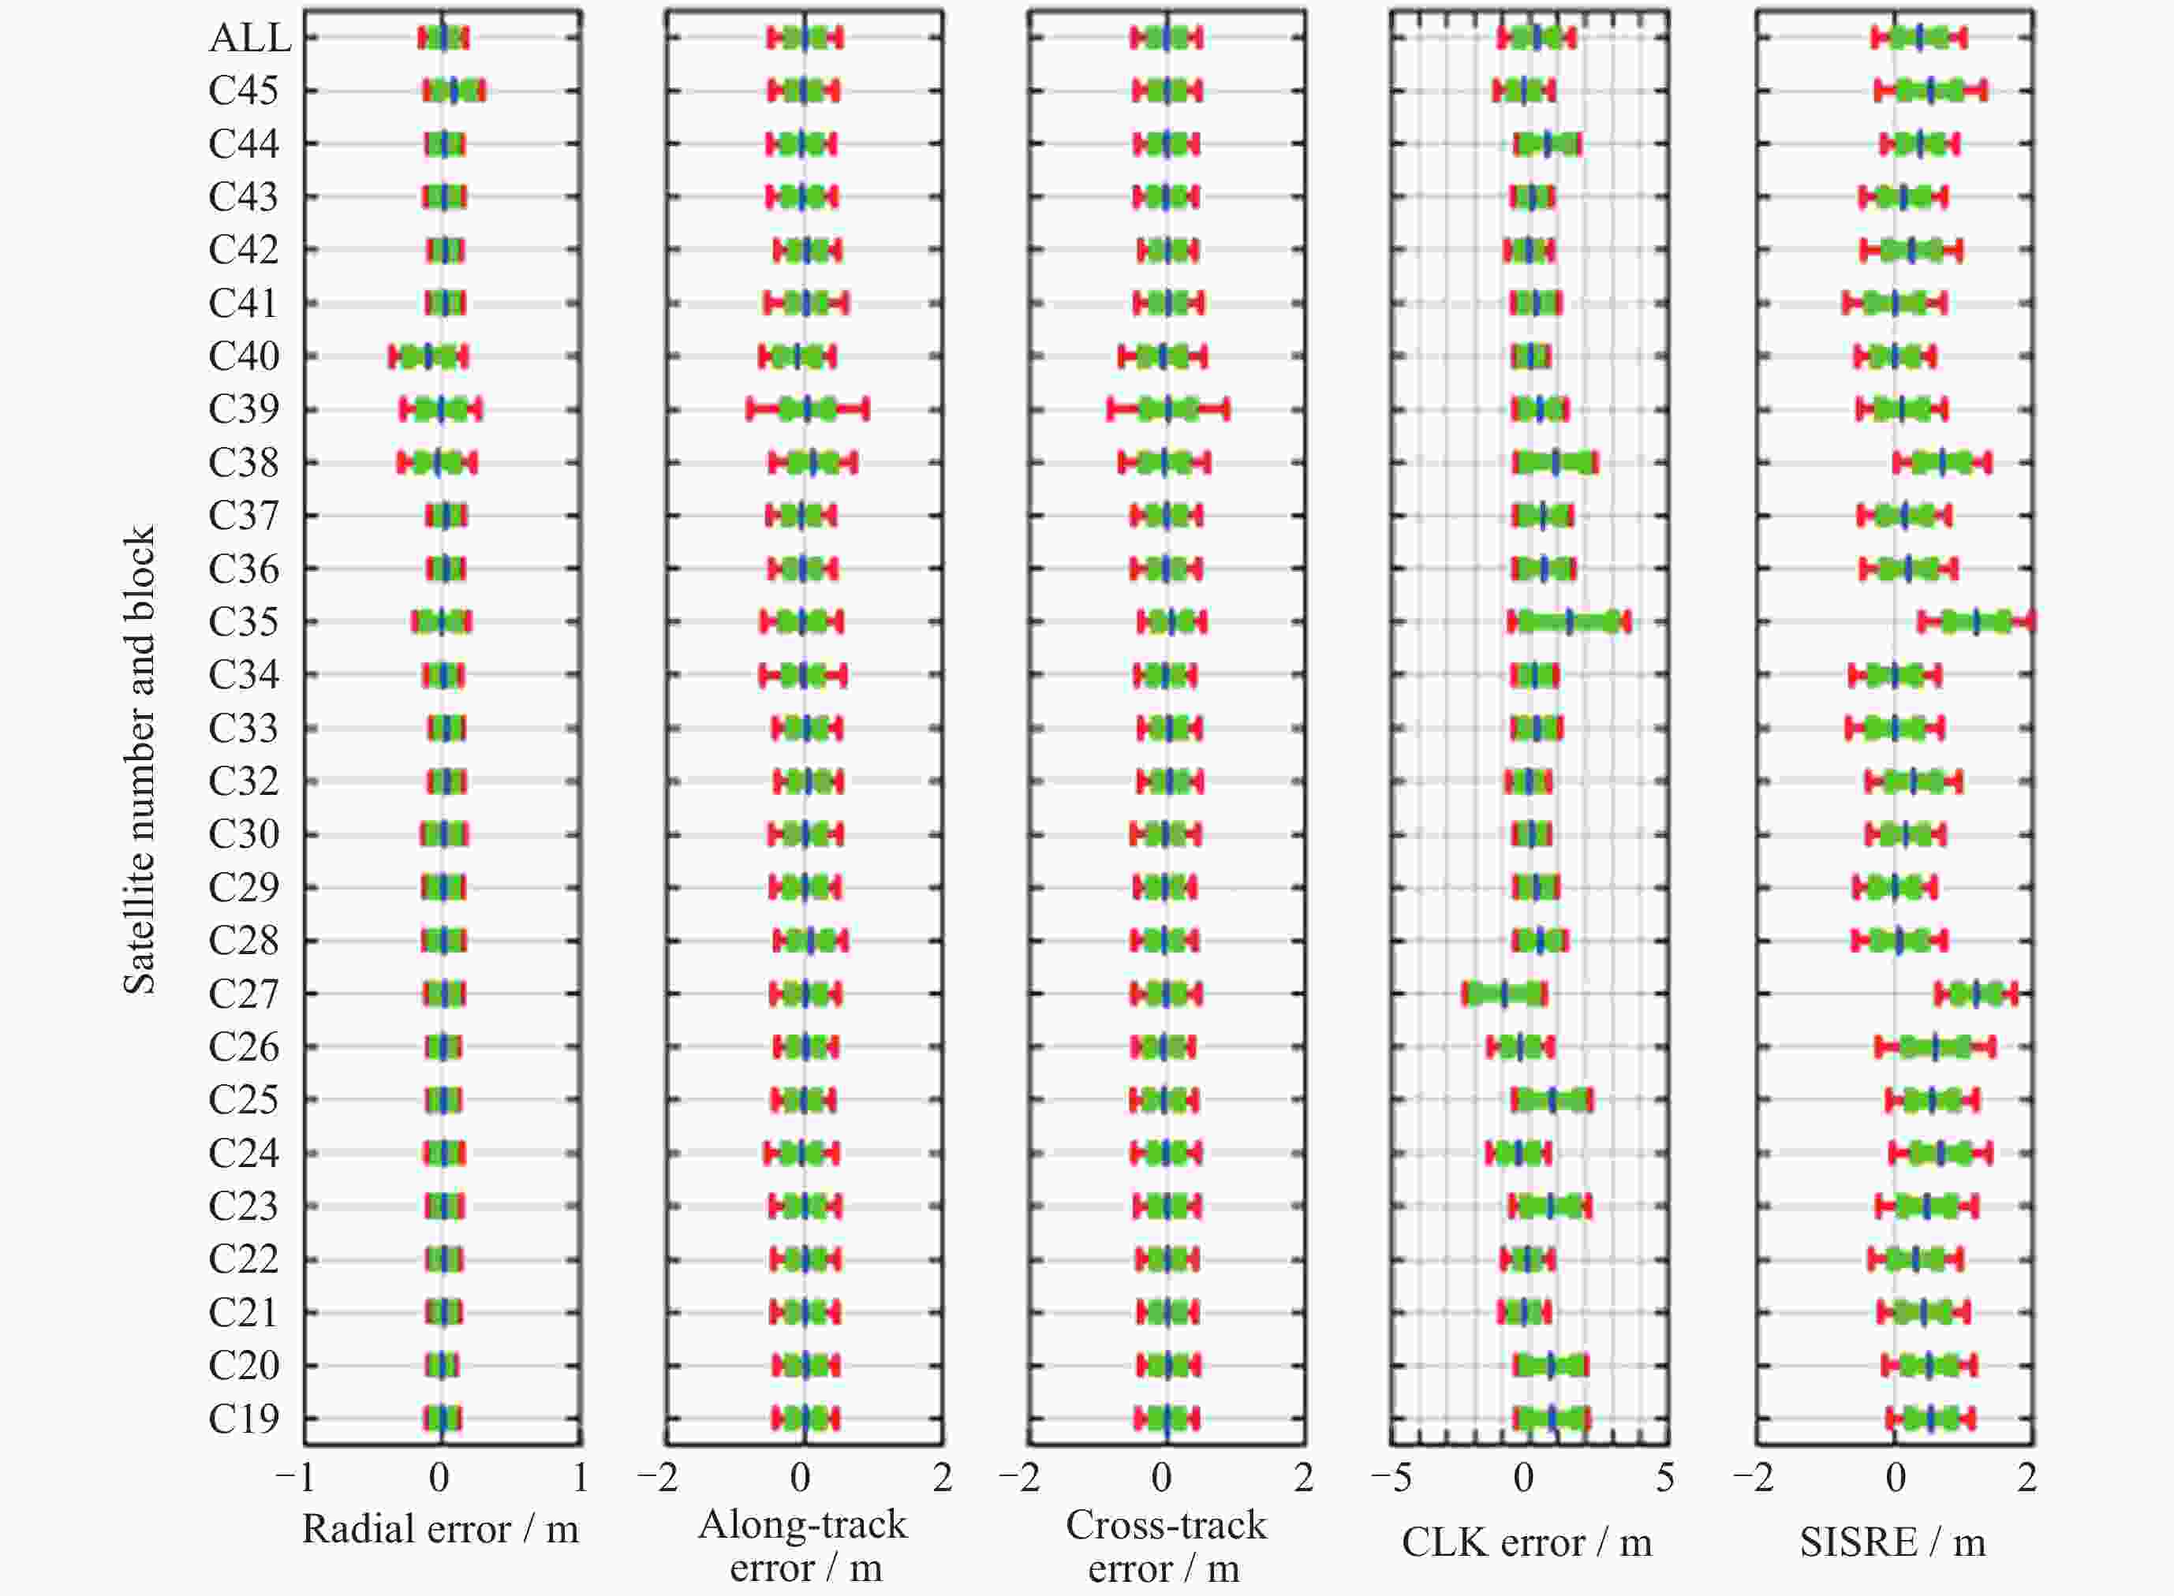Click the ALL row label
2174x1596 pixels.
tap(249, 38)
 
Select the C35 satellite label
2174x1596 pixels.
tap(244, 622)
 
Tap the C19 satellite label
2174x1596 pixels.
tap(244, 1419)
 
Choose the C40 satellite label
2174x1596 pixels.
tap(244, 356)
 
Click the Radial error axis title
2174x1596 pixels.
tap(441, 1529)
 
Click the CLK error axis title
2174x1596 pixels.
tap(1526, 1543)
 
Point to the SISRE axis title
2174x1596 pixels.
tap(1892, 1543)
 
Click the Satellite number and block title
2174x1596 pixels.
tap(138, 759)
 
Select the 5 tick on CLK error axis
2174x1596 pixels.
tap(1664, 1479)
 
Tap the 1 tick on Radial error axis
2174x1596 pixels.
tap(580, 1479)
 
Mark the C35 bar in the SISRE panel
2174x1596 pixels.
tap(1976, 622)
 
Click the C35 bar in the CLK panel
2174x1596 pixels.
tap(1568, 622)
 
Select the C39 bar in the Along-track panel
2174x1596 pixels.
tap(808, 409)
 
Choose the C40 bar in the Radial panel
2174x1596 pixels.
tap(428, 356)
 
